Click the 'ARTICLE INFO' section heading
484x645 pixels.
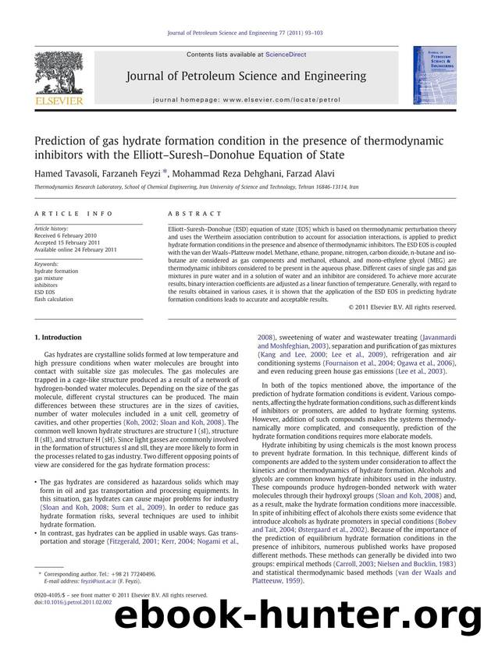pyautogui.click(x=61, y=211)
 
